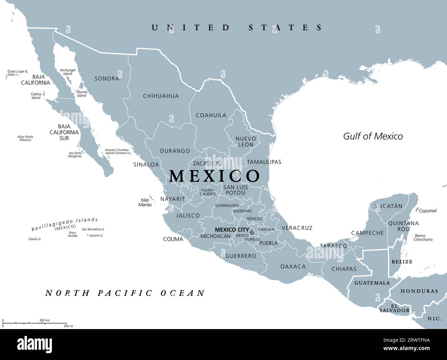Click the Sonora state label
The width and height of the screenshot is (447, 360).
(107, 79)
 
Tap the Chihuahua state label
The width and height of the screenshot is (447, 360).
(161, 96)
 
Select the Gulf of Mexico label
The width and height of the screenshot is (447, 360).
(373, 136)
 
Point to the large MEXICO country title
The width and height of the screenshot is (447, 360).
(215, 176)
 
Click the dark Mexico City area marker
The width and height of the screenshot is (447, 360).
(252, 232)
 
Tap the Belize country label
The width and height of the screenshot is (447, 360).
(402, 262)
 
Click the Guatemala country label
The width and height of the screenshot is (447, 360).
(372, 283)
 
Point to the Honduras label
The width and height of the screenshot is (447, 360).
(419, 291)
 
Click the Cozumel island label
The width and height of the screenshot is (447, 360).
(428, 211)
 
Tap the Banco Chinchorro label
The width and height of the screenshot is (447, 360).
(423, 238)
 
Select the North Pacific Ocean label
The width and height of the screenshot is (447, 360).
(125, 293)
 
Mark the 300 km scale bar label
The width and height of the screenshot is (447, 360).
(44, 320)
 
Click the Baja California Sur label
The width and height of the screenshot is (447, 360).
(64, 132)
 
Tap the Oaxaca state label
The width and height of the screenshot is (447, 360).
(293, 266)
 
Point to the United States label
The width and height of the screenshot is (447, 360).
(237, 28)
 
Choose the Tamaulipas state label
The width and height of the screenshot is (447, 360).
(264, 162)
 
